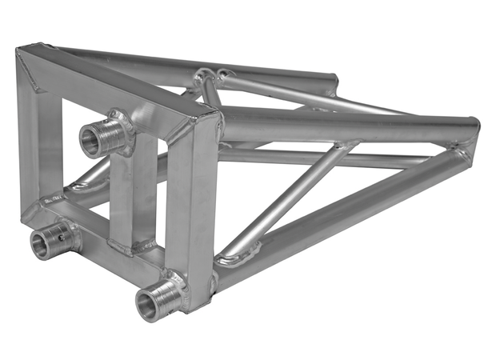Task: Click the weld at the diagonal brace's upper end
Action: (346, 146)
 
